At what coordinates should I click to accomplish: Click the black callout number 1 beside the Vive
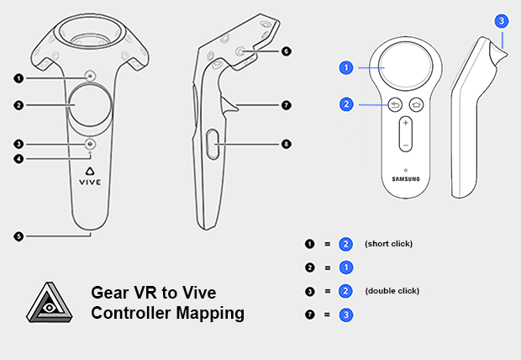click(18, 78)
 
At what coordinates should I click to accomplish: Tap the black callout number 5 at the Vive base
click(18, 236)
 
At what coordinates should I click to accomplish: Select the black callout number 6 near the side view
click(287, 51)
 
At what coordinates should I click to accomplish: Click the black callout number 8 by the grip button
click(287, 144)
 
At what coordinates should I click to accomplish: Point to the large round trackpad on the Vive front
click(89, 106)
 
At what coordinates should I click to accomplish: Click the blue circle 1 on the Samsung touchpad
click(345, 66)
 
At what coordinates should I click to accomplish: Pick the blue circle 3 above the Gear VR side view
click(502, 20)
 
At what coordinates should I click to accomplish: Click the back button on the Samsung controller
click(395, 105)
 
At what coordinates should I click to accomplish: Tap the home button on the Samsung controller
click(416, 105)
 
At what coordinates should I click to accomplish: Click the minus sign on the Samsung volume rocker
click(405, 145)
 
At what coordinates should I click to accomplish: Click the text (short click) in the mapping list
click(388, 244)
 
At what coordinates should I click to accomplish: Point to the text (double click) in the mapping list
click(392, 291)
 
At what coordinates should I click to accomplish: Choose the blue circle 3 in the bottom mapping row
click(345, 315)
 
